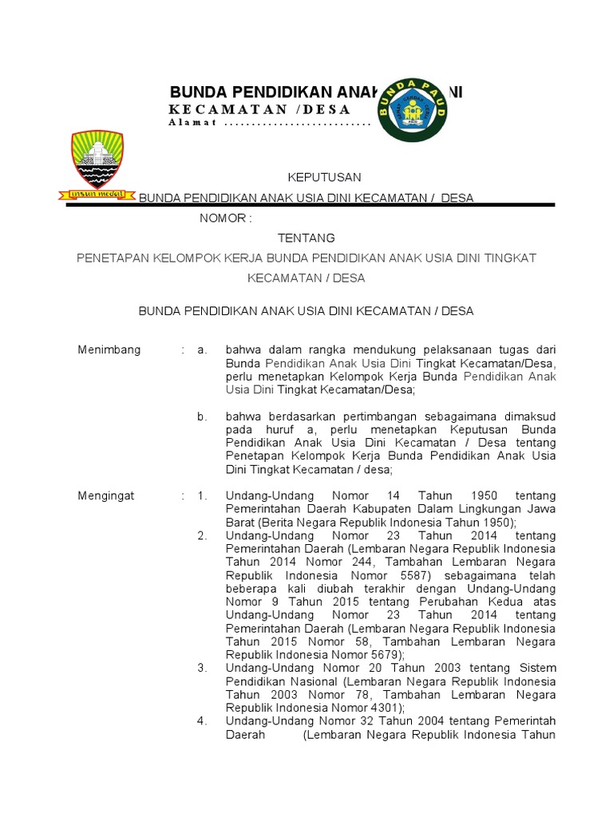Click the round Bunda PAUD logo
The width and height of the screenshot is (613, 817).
click(x=412, y=110)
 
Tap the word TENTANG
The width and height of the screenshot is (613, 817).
click(x=306, y=238)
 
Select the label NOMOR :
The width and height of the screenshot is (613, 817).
click(x=226, y=218)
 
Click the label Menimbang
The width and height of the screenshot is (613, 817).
click(x=109, y=349)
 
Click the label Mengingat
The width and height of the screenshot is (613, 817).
click(x=106, y=495)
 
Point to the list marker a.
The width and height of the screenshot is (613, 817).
click(x=203, y=349)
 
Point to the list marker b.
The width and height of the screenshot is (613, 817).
click(x=203, y=416)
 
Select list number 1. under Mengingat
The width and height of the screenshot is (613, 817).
click(x=203, y=495)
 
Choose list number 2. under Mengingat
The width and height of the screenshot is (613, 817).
click(x=203, y=535)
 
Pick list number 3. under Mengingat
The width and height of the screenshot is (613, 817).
click(x=203, y=668)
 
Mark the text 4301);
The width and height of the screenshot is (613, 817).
click(x=382, y=708)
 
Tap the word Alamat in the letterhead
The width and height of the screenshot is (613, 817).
click(x=193, y=123)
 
